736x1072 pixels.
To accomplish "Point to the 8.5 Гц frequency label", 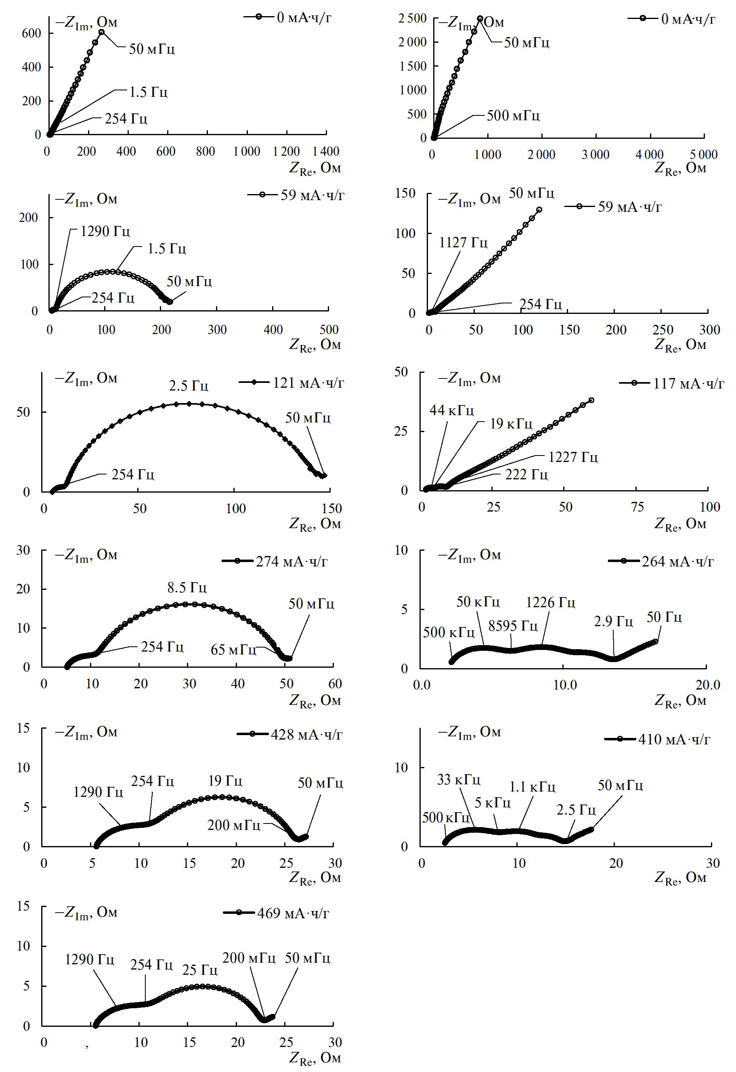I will (187, 588).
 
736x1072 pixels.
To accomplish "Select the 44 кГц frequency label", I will (451, 410).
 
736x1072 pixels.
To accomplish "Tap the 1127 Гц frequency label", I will (463, 242).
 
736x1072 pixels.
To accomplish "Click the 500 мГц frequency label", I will (513, 115).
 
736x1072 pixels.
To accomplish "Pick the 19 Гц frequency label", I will (225, 780).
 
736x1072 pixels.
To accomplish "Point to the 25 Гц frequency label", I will (199, 970).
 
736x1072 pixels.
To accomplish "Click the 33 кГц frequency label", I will (459, 779).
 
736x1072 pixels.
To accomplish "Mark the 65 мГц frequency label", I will (233, 650).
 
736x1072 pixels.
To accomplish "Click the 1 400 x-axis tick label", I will (326, 151).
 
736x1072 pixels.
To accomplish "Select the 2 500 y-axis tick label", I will (413, 19).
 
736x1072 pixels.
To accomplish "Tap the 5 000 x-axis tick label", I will (704, 155).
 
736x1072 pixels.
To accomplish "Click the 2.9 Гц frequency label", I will (613, 621).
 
